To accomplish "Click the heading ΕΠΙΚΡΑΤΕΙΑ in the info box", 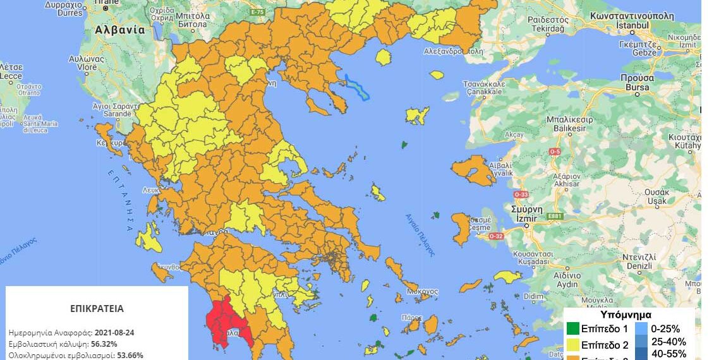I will pos(97,309).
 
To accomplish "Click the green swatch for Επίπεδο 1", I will pos(573,329).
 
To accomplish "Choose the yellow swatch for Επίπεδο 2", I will pos(573,345).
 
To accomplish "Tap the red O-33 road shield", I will pos(521,195).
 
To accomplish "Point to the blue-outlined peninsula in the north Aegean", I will pos(358,87).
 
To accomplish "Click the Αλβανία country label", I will pos(120,30).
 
